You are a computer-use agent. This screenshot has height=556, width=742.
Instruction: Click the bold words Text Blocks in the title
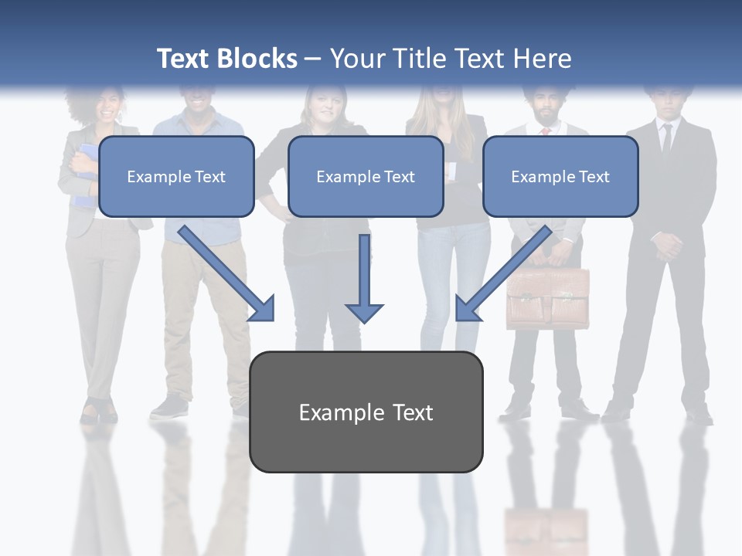tap(226, 59)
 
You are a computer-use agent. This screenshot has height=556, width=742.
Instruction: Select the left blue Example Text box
tap(176, 177)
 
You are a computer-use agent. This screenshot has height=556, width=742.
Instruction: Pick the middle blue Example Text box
tap(366, 177)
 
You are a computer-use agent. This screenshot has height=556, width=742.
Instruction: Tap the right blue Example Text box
tap(560, 177)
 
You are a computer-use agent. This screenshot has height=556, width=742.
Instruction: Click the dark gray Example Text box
tap(366, 412)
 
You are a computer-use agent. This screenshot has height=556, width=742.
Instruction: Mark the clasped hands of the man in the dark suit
tap(666, 246)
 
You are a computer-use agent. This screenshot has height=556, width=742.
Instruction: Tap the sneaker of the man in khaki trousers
tap(169, 407)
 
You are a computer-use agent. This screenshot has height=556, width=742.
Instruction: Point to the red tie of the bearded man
tap(545, 131)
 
